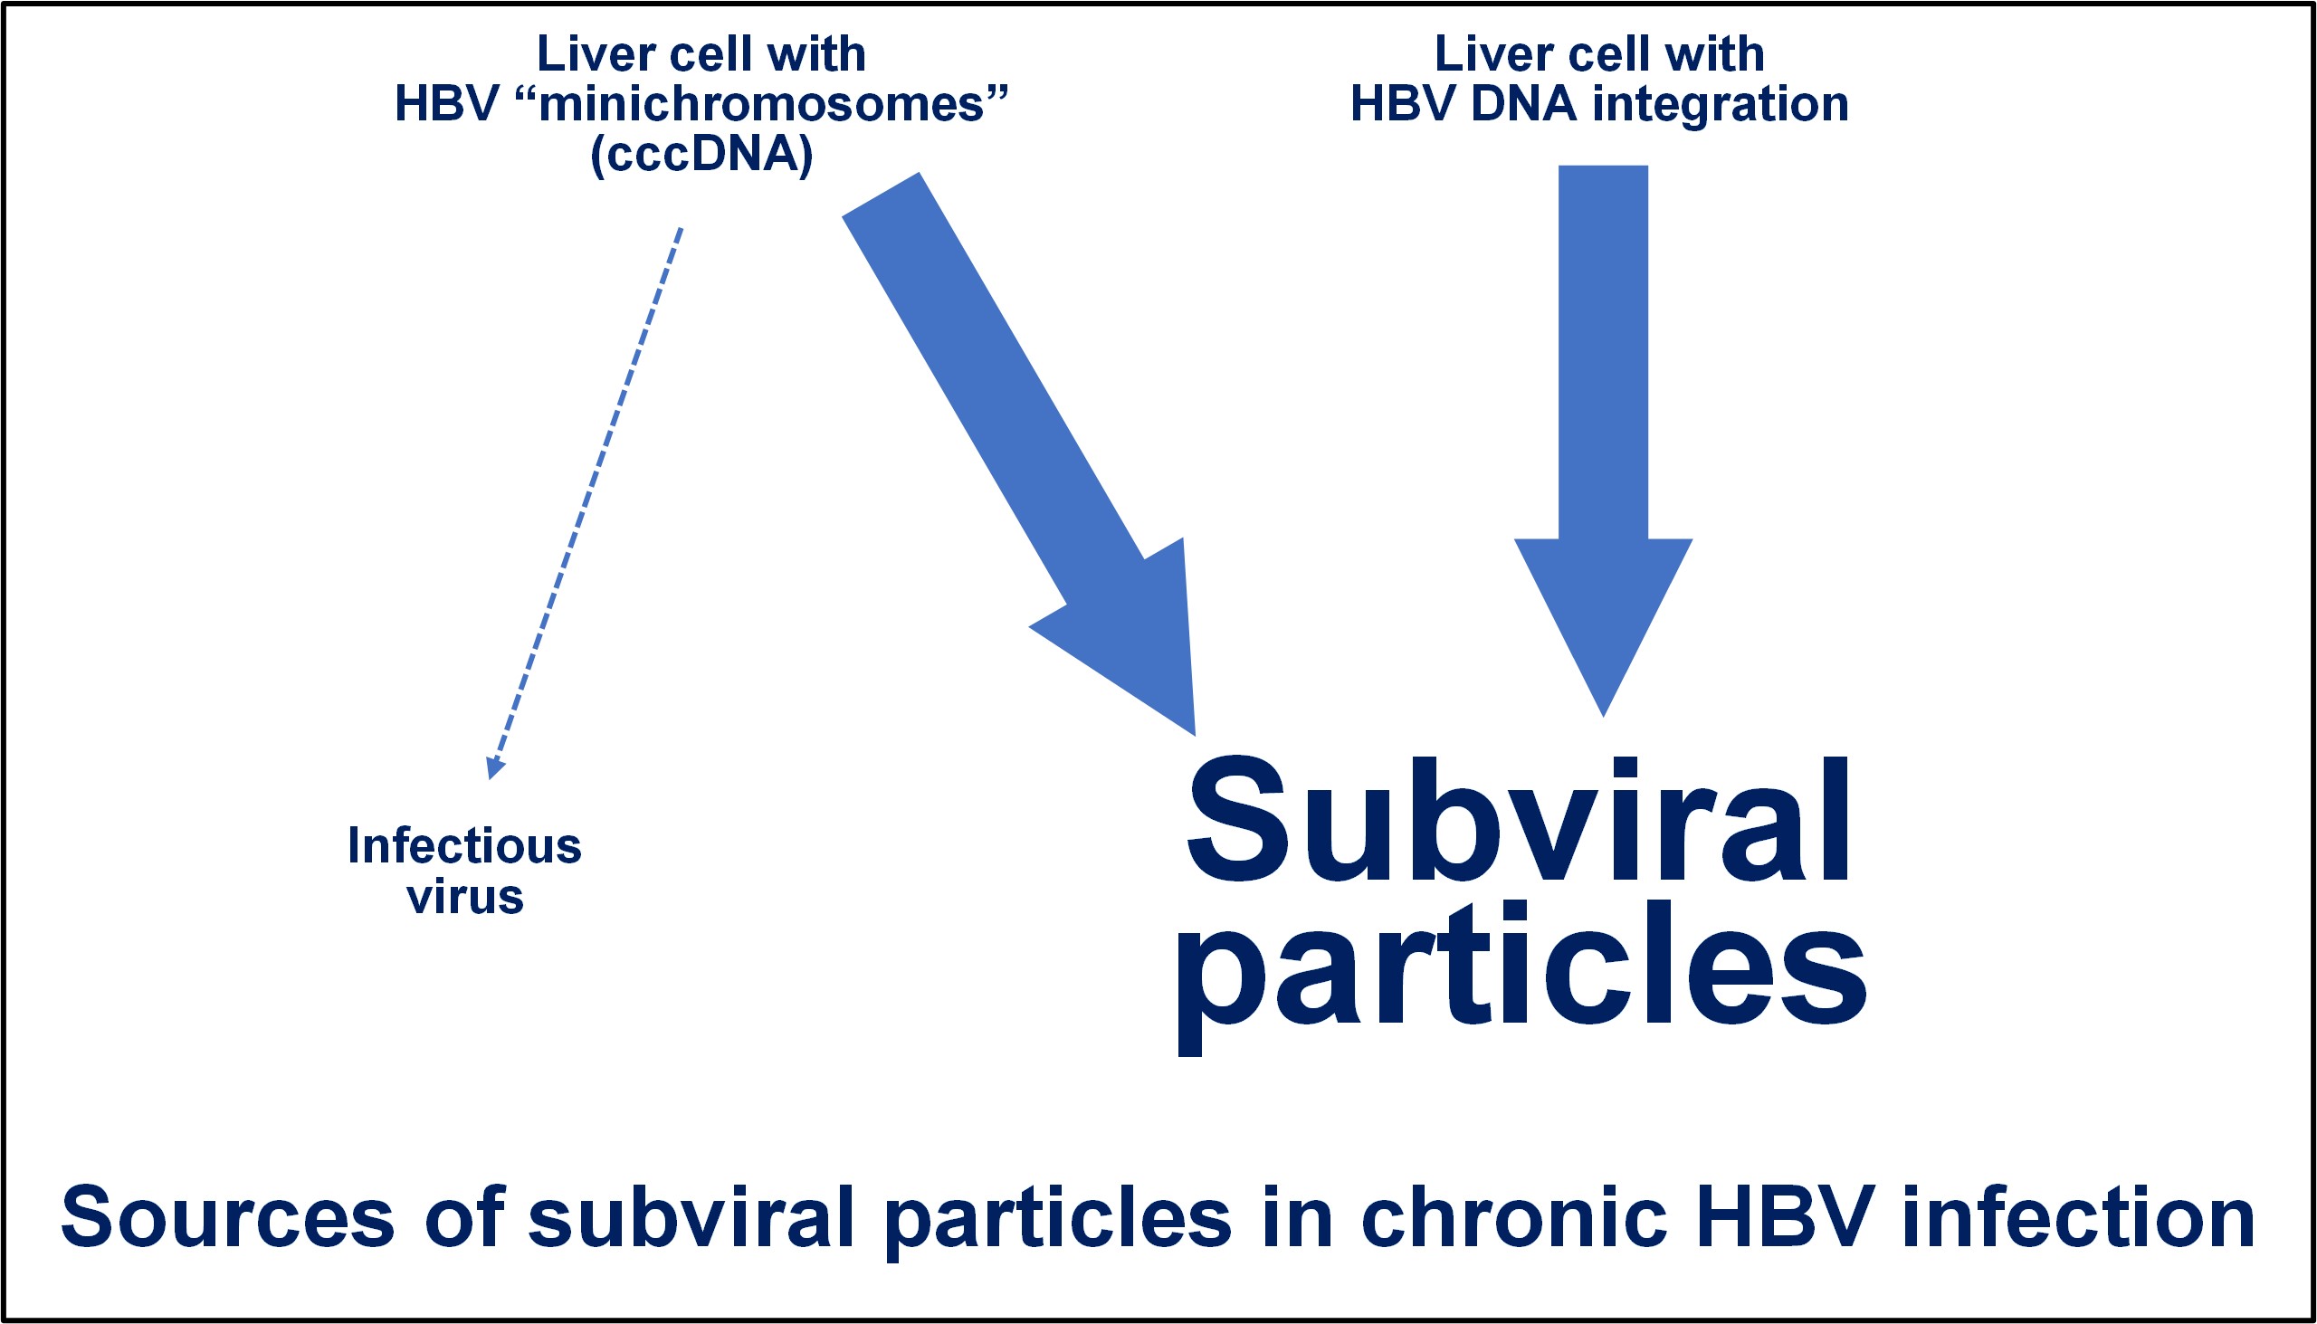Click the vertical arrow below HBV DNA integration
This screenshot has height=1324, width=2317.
[x=1602, y=441]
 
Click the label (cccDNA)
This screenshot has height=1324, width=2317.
[x=701, y=156]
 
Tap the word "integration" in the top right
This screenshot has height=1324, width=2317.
[x=1721, y=105]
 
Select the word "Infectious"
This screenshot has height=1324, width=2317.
[x=464, y=845]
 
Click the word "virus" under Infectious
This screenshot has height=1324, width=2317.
[x=465, y=897]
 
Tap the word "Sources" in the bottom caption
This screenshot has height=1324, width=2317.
[x=228, y=1218]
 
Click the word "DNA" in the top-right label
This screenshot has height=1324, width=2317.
[x=1524, y=105]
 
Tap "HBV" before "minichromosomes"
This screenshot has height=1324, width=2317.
[x=446, y=105]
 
